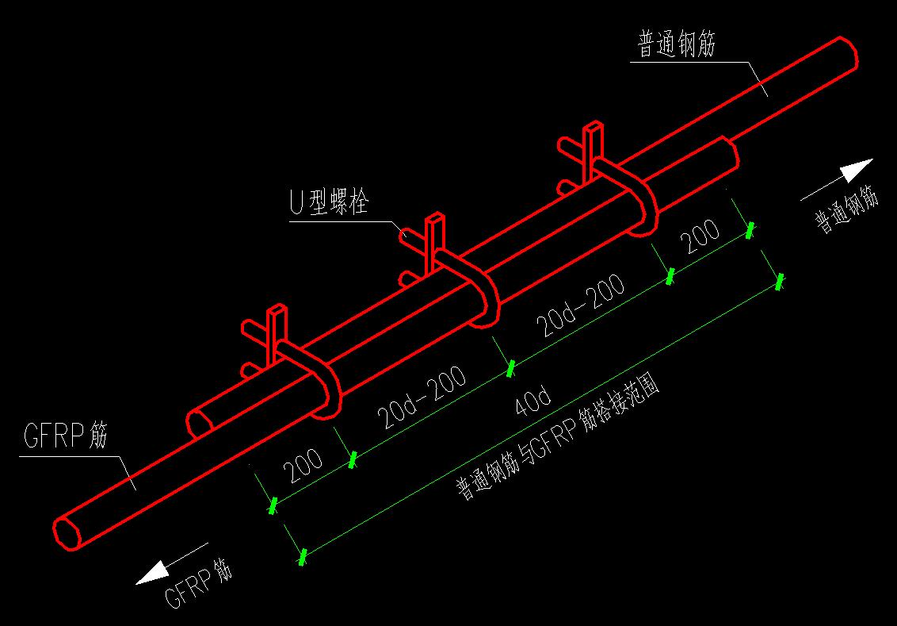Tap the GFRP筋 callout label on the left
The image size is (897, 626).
(x=65, y=437)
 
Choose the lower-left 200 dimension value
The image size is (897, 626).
(x=304, y=467)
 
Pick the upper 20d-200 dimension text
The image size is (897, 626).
(x=581, y=305)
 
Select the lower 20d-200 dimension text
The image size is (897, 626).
(x=421, y=397)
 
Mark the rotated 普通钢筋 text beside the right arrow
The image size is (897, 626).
(x=847, y=211)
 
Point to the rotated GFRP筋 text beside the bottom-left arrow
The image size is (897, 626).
(x=198, y=583)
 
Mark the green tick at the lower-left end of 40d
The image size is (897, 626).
(x=302, y=557)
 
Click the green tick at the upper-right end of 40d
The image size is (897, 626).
(x=780, y=281)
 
